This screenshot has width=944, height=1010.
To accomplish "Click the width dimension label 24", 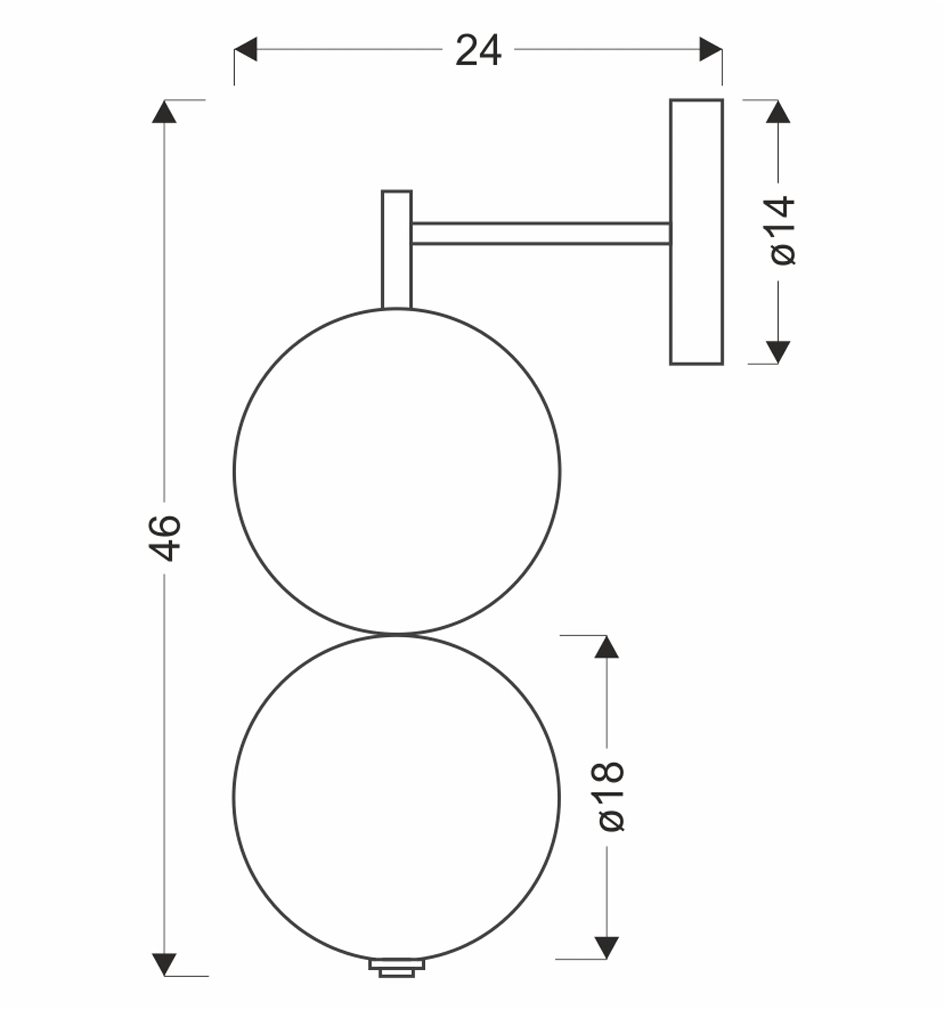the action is [x=478, y=50].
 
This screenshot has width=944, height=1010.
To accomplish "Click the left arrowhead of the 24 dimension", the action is [x=245, y=49].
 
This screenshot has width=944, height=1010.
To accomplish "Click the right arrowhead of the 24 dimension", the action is [x=710, y=49].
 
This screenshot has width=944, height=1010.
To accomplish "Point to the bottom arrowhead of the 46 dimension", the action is [x=164, y=964].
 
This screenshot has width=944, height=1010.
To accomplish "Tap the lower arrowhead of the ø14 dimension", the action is [x=778, y=352].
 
